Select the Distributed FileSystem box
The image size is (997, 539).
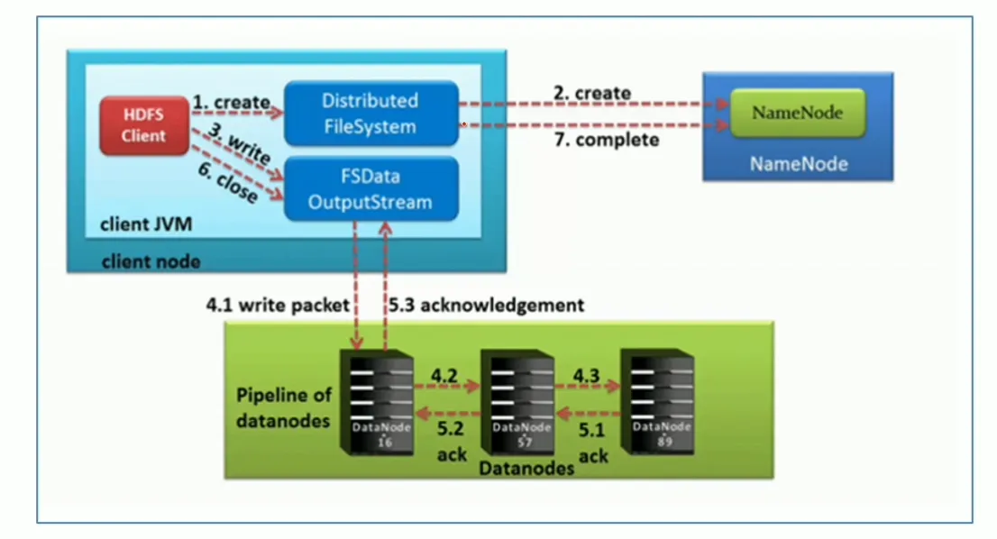pos(370,114)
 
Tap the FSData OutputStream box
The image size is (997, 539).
pos(370,190)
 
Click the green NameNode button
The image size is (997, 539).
pos(797,114)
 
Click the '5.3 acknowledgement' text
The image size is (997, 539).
pos(486,306)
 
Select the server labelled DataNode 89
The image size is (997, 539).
pos(666,401)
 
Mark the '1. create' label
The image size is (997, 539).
pos(231,103)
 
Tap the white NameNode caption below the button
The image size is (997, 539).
pos(797,165)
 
